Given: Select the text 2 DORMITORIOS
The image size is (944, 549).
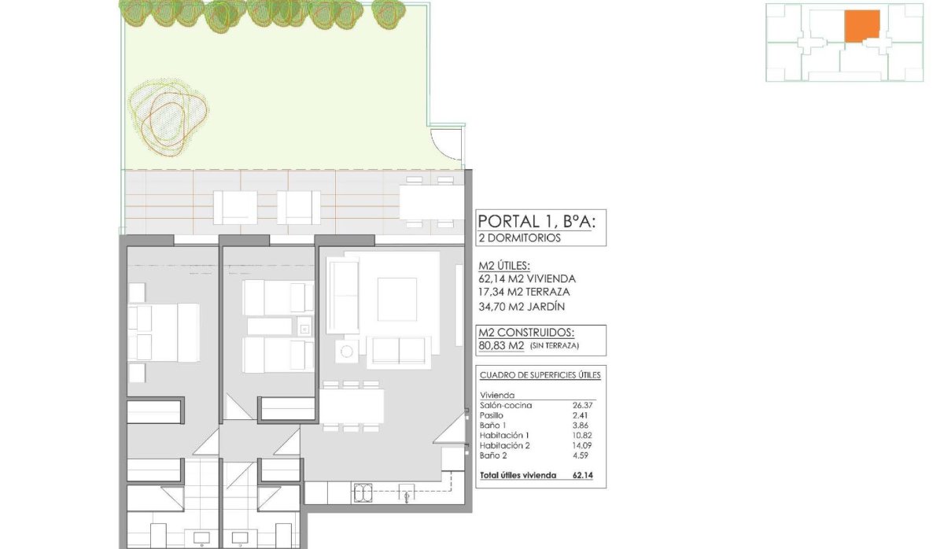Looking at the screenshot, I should point(520,238).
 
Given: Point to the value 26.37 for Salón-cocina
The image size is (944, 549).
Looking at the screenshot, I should point(583,406).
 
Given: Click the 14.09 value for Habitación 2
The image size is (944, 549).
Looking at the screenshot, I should point(583,444).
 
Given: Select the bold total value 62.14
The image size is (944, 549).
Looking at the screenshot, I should point(583,475).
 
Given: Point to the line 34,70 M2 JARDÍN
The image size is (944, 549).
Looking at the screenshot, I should point(522,307).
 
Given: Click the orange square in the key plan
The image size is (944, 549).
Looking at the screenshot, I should point(862,26).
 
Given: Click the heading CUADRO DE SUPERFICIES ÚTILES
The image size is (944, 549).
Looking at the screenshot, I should point(540,375).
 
